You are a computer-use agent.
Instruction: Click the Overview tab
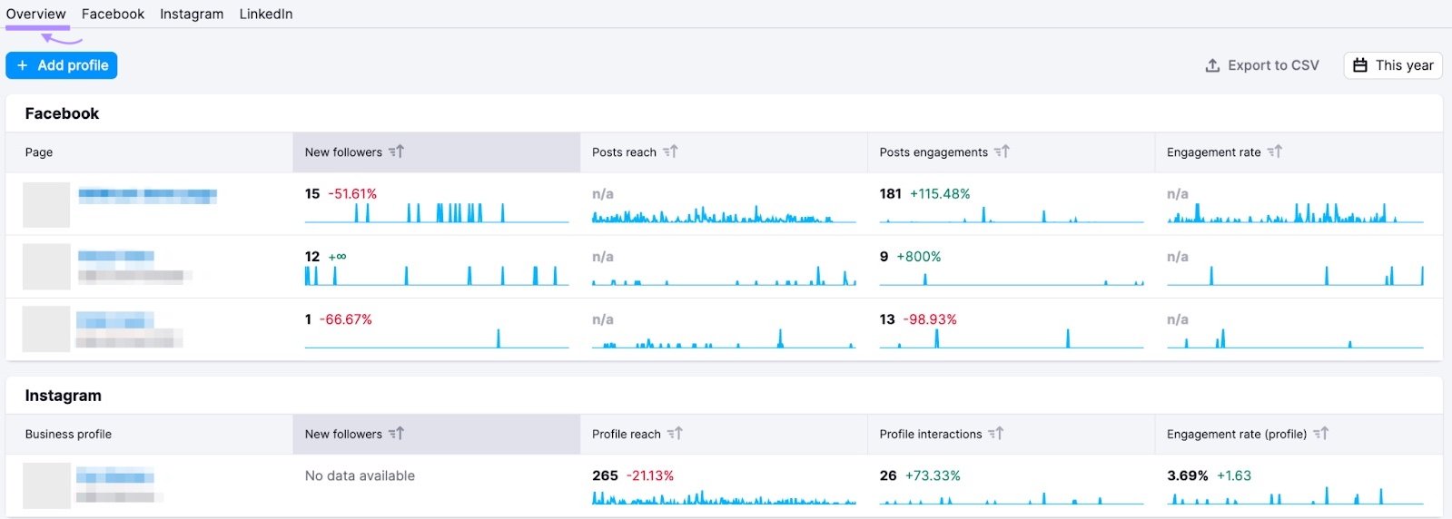tap(35, 15)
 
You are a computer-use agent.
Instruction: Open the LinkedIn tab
tap(265, 15)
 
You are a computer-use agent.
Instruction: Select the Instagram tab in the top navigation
tap(192, 15)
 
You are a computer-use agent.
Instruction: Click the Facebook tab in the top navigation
tap(113, 15)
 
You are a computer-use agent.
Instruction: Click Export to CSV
tap(1261, 65)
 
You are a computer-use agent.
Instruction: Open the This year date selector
tap(1393, 65)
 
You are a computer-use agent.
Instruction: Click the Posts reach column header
tap(625, 152)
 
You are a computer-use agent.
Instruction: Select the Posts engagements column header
tap(933, 152)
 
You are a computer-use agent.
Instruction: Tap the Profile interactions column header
tap(931, 435)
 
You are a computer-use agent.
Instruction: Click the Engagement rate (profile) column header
tap(1237, 435)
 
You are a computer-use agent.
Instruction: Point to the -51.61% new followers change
tap(352, 194)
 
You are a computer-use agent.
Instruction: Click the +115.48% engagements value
tap(940, 194)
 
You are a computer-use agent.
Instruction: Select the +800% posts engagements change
tap(919, 257)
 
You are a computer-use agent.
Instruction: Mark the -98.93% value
tap(930, 319)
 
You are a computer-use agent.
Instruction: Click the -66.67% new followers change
tap(346, 319)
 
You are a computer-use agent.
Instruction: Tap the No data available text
tap(360, 475)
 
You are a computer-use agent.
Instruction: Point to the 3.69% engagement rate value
tap(1187, 475)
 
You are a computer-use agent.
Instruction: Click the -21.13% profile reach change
tap(650, 475)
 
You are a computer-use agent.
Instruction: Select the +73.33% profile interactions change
tap(933, 475)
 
